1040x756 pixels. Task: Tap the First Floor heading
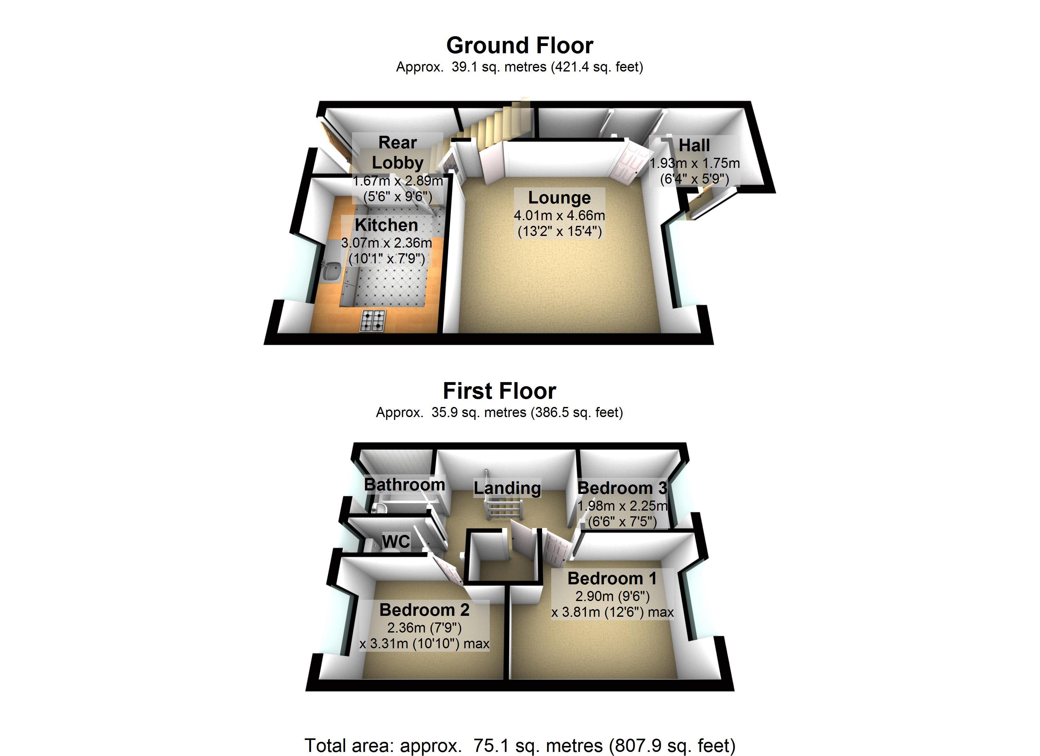(500, 391)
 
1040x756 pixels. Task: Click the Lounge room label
(559, 198)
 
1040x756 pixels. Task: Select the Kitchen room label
(386, 225)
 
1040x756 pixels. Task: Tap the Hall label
(694, 145)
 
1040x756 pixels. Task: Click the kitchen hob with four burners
(373, 320)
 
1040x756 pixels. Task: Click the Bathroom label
(404, 484)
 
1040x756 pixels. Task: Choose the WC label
(396, 541)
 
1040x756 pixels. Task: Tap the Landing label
(507, 488)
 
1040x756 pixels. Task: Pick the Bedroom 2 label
(424, 610)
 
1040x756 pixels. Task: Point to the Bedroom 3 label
(622, 488)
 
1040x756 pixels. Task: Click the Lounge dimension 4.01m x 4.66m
(559, 215)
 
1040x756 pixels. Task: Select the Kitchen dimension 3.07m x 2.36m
(386, 243)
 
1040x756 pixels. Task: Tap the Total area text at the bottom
(520, 746)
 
